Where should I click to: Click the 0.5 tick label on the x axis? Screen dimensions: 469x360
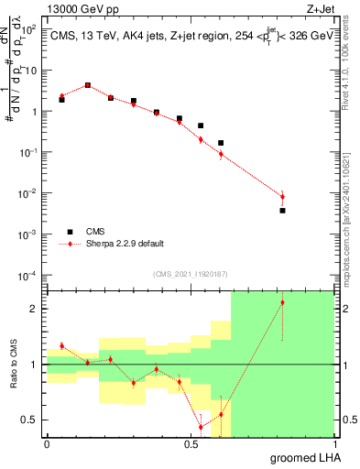[x=191, y=444]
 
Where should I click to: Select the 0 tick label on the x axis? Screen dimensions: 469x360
[x=47, y=444]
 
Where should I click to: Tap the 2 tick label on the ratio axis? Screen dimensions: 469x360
[x=36, y=309]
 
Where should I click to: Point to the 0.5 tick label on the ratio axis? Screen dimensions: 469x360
[x=32, y=420]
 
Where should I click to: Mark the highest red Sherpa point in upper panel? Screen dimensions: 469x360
[x=88, y=85]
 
